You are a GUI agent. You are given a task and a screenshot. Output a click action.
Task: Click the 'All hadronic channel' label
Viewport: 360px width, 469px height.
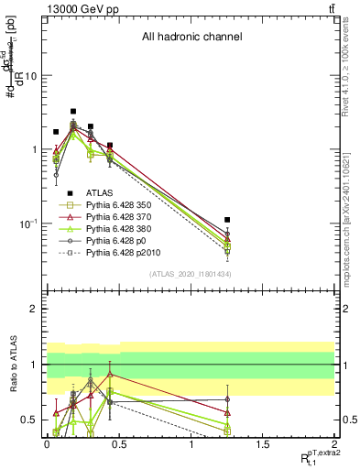(x=191, y=38)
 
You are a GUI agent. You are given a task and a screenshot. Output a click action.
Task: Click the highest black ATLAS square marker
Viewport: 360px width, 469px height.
(x=73, y=112)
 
